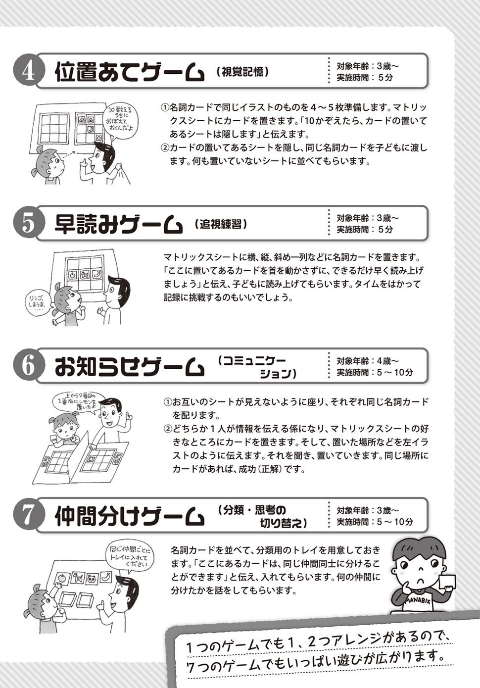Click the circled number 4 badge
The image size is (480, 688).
pyautogui.click(x=28, y=72)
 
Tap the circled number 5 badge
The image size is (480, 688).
pyautogui.click(x=28, y=224)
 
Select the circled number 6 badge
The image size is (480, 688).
pyautogui.click(x=28, y=366)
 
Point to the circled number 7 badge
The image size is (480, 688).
pyautogui.click(x=28, y=516)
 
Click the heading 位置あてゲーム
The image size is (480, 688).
pyautogui.click(x=130, y=72)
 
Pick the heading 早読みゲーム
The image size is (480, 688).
pyautogui.click(x=119, y=224)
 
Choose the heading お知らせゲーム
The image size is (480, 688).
pyautogui.click(x=130, y=367)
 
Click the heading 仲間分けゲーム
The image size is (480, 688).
pyautogui.click(x=130, y=517)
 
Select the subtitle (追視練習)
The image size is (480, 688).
pyautogui.click(x=221, y=224)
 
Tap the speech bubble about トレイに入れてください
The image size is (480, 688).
pyautogui.click(x=129, y=560)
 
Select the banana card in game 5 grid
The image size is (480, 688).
pyautogui.click(x=98, y=273)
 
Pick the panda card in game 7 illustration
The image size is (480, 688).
pyautogui.click(x=92, y=579)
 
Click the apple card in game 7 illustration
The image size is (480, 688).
pyautogui.click(x=62, y=578)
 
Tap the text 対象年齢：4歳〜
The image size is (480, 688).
pyautogui.click(x=368, y=361)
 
